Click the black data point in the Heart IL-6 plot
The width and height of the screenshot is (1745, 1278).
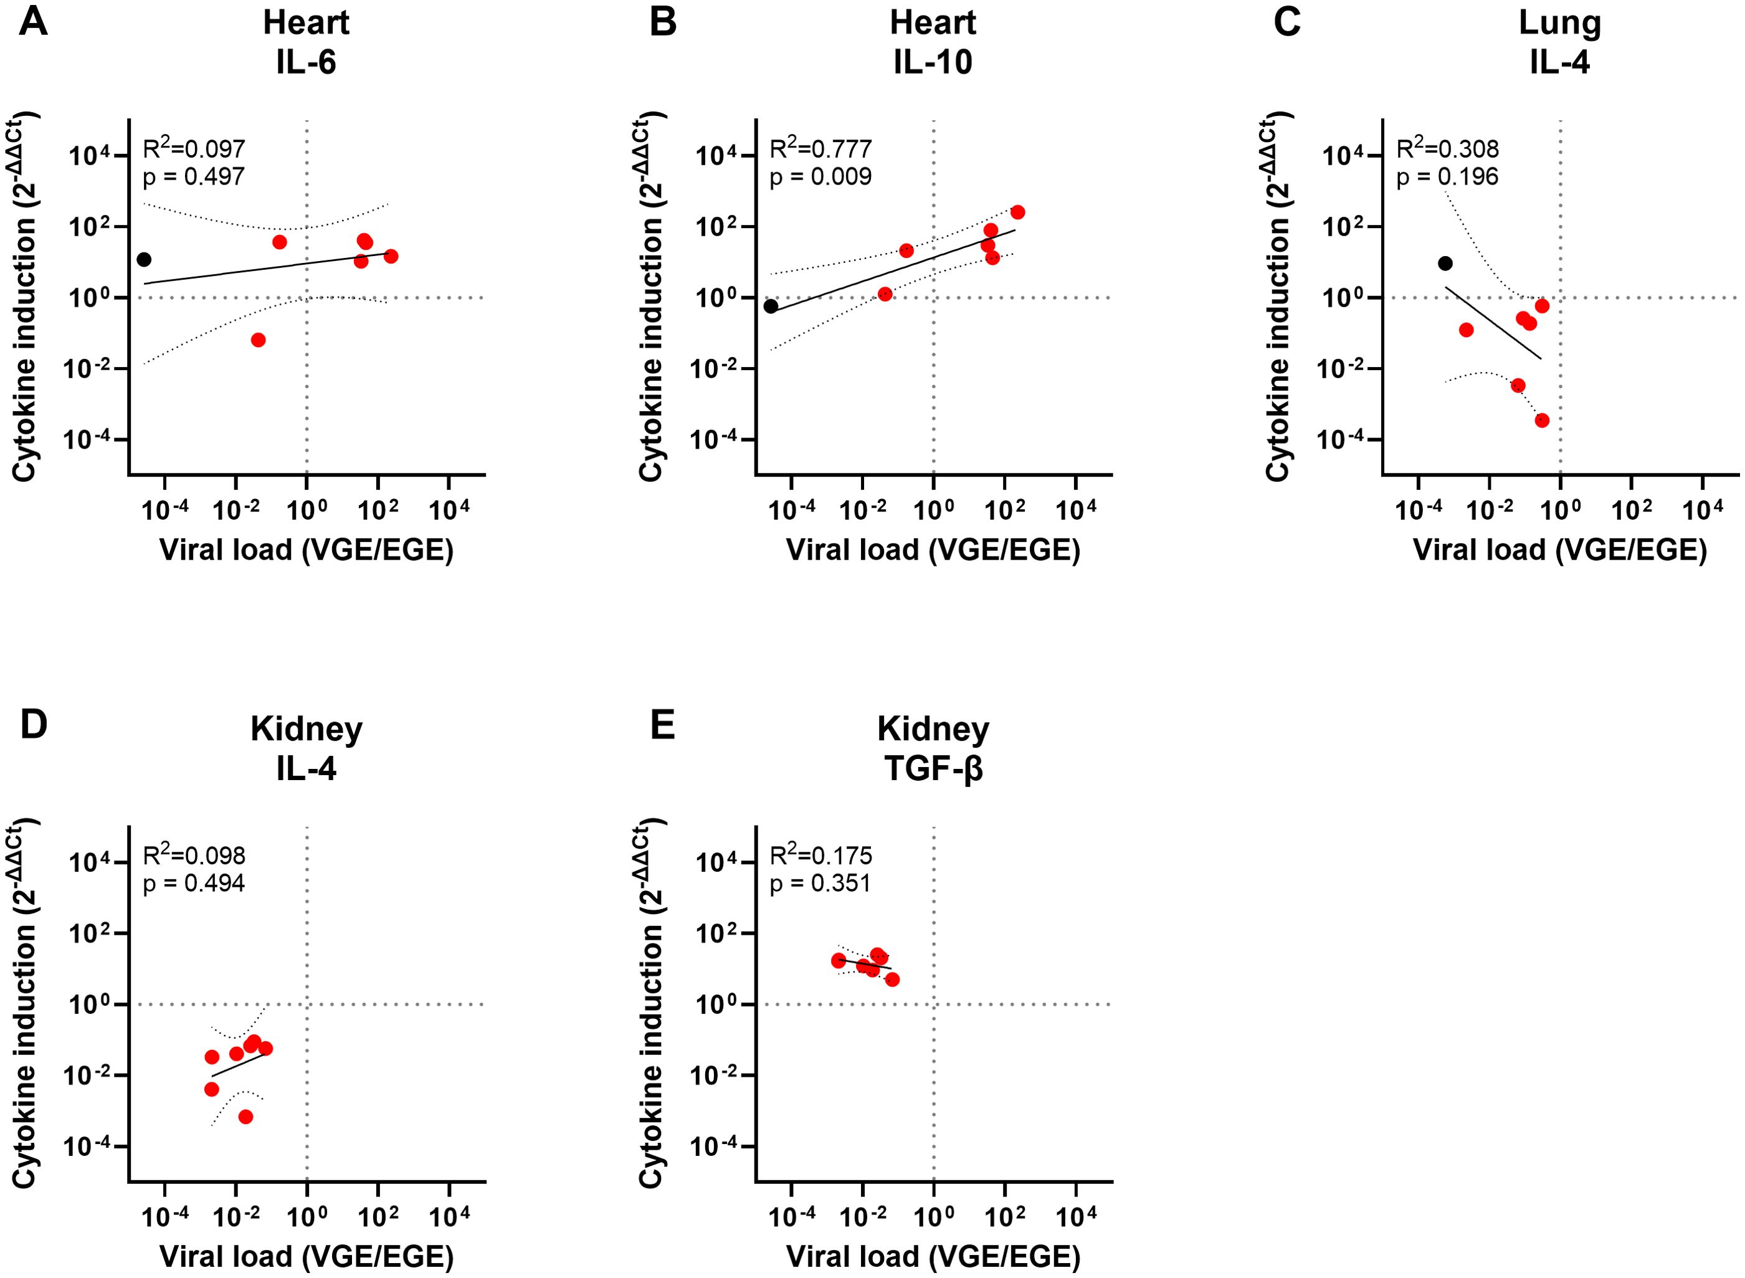point(144,259)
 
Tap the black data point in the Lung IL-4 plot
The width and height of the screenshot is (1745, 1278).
point(1445,263)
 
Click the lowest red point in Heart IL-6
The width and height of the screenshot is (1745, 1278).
point(259,340)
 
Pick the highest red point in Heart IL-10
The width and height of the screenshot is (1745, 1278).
point(1018,212)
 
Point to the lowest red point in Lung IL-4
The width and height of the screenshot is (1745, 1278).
point(1541,420)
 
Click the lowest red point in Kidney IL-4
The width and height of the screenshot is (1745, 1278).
point(246,1117)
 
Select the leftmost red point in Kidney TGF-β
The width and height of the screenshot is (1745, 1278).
point(839,960)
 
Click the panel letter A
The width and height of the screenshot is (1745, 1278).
point(33,22)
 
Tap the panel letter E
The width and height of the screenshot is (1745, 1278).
point(662,726)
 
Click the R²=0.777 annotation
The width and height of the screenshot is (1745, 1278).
point(820,148)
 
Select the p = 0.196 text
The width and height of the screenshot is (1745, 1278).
point(1447,177)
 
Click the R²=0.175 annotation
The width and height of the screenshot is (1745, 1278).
point(820,855)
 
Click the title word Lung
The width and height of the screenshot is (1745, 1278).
point(1559,23)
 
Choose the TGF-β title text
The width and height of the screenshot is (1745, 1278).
point(933,769)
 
